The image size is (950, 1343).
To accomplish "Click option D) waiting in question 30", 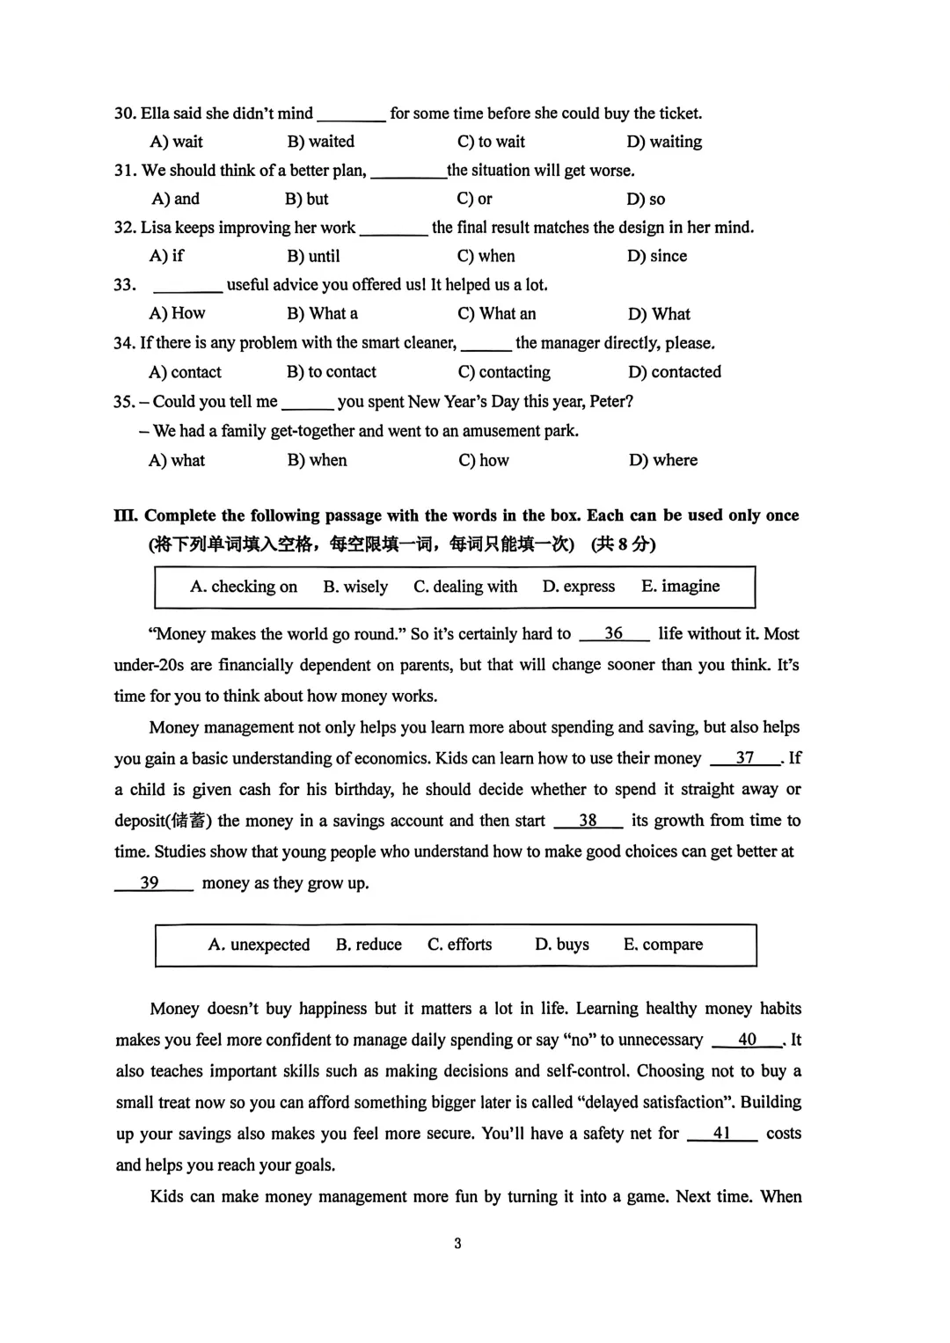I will coord(663,142).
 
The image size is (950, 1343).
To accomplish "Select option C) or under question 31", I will coord(474,199).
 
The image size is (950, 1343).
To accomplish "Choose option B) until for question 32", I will coord(313,256).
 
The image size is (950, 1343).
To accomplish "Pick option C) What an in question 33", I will coord(496,314).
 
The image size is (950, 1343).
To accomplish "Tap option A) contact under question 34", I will coord(185,372).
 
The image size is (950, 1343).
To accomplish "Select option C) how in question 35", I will coord(484,460).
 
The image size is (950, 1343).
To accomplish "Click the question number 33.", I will coord(125,285).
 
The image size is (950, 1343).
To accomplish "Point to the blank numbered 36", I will coord(614,634).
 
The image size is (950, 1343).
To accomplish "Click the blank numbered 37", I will coord(745,758).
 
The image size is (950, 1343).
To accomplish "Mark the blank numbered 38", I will coord(588,821).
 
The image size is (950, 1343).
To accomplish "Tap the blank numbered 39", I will coord(151,883).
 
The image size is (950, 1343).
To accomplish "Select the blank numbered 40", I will coord(747,1040).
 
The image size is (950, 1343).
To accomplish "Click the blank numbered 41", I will coord(721,1134).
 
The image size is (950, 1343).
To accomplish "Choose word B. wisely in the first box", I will coord(355,587).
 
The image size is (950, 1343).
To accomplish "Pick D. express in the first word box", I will coord(578,587).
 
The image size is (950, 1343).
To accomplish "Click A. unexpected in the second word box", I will coord(259,945).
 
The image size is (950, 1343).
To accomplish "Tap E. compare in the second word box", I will coord(662,945).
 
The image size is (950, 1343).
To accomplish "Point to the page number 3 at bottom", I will coord(457,1244).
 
